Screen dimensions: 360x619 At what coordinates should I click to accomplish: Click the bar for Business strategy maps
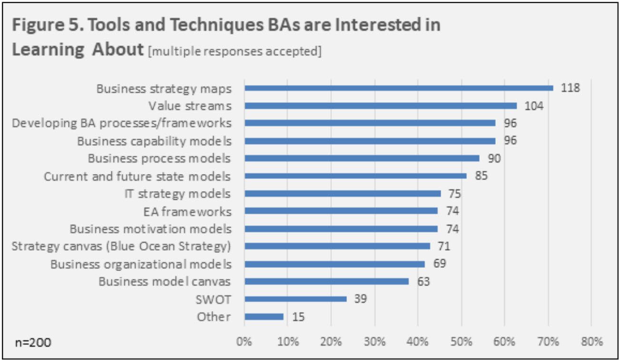(399, 88)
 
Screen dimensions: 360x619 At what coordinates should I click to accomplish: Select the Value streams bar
(380, 106)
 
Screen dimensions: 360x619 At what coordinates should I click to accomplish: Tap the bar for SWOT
(295, 299)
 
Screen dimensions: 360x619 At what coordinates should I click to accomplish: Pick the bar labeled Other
(264, 316)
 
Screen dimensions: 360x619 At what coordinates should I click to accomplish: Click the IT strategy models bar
(343, 194)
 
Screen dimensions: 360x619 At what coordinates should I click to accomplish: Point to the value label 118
(570, 88)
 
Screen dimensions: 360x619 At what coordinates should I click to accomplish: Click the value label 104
(534, 106)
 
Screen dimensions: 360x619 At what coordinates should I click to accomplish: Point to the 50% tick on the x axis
(461, 341)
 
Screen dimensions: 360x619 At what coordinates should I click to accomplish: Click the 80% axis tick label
(591, 341)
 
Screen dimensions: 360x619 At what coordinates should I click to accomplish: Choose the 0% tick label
(244, 341)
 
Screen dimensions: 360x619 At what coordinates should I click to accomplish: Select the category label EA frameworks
(187, 211)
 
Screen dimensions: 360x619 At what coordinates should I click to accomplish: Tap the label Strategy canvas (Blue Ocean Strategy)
(121, 246)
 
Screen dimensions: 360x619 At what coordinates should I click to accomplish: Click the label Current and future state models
(137, 176)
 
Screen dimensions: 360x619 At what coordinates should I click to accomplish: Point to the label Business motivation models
(150, 229)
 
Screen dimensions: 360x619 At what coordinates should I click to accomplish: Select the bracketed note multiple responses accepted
(235, 51)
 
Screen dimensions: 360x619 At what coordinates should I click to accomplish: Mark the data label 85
(481, 176)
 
